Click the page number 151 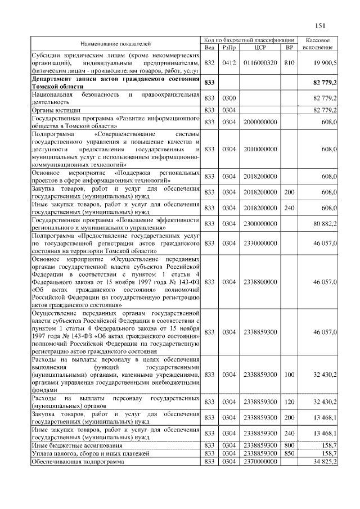(x=321, y=25)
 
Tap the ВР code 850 (x=289, y=452)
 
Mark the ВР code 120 (x=289, y=402)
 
